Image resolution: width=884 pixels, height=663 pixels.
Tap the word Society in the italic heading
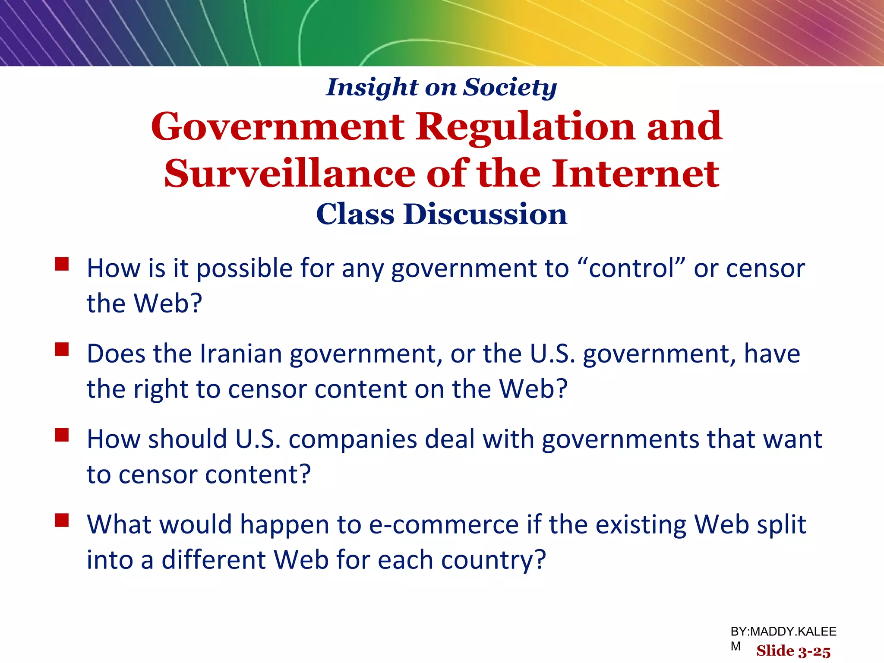(510, 88)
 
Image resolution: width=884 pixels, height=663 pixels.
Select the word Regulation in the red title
(525, 127)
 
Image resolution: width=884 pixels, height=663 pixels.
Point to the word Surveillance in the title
(289, 174)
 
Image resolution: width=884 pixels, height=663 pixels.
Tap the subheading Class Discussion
(442, 214)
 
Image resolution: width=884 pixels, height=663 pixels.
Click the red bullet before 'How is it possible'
(62, 264)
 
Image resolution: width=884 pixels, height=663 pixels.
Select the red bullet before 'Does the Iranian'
(62, 349)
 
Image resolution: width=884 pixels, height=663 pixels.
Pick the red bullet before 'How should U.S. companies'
(62, 435)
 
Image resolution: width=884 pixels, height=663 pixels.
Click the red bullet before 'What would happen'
(62, 520)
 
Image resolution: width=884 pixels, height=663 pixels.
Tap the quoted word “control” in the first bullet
(631, 268)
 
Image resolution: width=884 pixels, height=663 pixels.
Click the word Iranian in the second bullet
(240, 354)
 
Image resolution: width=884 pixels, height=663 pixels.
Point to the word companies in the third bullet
(353, 439)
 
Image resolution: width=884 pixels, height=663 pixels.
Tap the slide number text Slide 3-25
(793, 651)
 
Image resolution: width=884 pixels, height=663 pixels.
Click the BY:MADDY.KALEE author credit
(783, 632)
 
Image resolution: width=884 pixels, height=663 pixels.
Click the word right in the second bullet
(161, 389)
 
